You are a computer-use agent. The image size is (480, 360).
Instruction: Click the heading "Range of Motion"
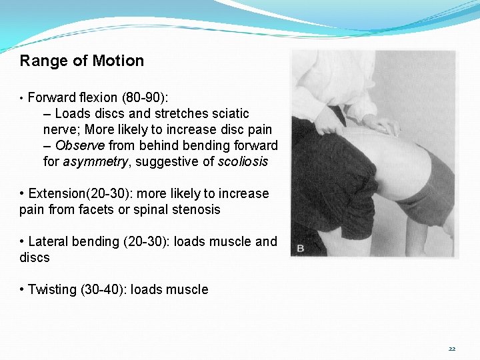82,61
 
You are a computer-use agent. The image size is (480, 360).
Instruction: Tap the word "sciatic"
227,114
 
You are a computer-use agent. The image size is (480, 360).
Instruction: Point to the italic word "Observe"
80,145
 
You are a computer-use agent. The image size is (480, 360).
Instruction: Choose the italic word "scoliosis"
243,162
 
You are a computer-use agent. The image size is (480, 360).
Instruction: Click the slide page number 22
451,349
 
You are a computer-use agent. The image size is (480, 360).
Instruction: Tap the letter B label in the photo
300,248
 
